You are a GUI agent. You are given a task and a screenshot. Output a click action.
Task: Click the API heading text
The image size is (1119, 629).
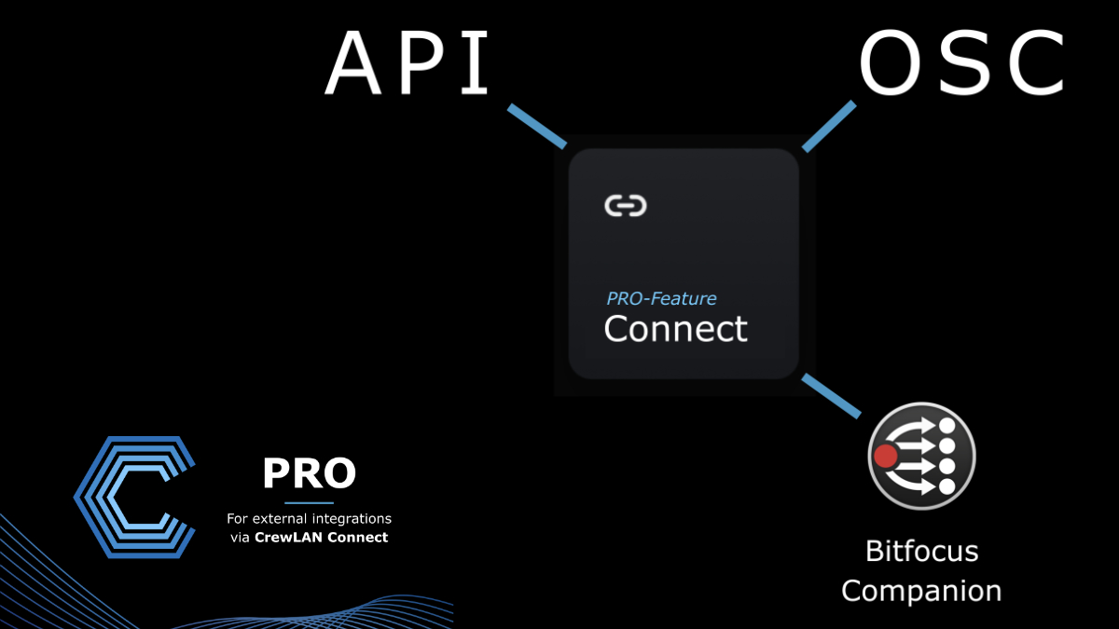(407, 63)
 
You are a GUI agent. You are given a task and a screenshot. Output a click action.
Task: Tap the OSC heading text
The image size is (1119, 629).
(962, 62)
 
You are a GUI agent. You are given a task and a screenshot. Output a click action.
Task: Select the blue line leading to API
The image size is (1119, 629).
(537, 127)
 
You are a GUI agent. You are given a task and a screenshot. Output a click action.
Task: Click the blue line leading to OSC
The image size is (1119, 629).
(829, 127)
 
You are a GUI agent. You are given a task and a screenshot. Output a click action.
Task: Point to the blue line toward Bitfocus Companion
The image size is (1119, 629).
(831, 396)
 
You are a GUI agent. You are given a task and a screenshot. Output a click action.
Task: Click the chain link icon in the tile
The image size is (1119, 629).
(626, 206)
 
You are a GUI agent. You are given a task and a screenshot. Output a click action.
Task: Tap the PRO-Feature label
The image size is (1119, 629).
(661, 298)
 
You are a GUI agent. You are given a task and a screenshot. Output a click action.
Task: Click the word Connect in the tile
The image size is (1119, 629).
(676, 329)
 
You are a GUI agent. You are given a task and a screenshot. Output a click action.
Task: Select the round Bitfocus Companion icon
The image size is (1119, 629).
(921, 456)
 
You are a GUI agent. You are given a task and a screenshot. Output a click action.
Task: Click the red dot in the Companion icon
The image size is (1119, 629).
(886, 456)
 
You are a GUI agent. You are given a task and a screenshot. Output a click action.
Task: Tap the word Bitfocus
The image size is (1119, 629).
(921, 551)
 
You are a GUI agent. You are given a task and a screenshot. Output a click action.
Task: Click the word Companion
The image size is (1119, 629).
(921, 592)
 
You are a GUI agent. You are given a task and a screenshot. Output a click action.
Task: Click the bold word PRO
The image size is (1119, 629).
(310, 472)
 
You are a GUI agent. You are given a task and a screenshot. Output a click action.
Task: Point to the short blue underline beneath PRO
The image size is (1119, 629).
(309, 502)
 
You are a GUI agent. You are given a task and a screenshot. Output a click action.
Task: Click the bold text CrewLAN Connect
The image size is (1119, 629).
(321, 537)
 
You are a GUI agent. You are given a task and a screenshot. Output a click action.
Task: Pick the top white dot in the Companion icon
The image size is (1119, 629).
(947, 426)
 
